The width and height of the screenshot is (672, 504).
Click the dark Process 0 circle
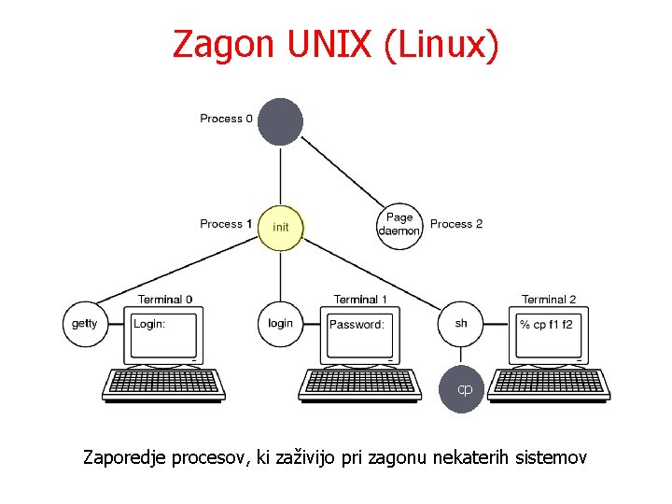280,120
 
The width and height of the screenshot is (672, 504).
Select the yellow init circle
280,228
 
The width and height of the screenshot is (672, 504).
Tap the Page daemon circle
399,225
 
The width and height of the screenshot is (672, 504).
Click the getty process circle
85,324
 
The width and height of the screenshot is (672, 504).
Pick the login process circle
280,324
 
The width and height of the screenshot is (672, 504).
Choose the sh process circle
461,324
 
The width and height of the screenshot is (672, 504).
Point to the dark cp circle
464,387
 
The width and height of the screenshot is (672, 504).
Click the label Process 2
456,224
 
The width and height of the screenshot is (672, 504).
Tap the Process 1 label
226,224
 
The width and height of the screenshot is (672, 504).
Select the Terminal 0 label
165,300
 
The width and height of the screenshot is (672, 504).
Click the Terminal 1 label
360,300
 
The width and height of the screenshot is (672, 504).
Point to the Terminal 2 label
549,300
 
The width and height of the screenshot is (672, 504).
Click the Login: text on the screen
149,324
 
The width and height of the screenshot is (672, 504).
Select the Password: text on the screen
357,325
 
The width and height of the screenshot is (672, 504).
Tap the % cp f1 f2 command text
547,325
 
